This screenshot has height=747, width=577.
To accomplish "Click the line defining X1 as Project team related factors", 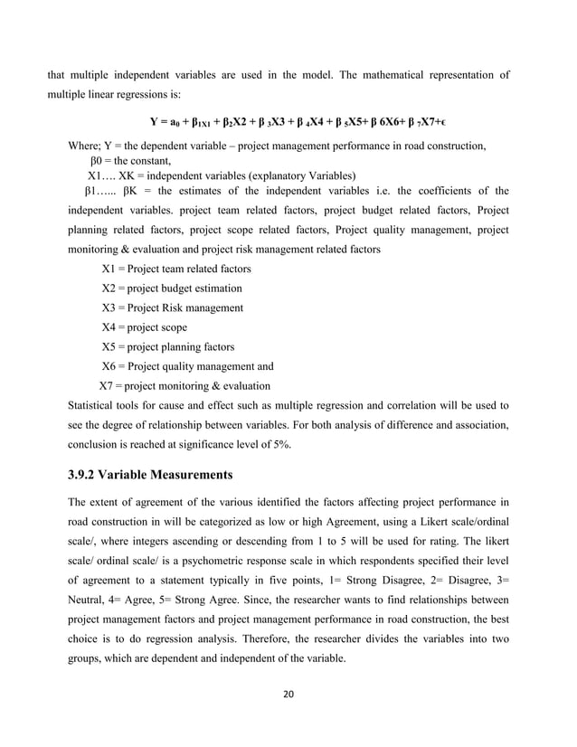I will click(176, 269).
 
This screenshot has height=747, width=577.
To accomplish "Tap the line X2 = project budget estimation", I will click(172, 288).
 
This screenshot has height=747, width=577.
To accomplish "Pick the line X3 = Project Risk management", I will click(172, 307).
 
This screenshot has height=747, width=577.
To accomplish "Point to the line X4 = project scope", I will click(145, 327).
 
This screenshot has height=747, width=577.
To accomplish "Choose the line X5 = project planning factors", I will click(168, 346).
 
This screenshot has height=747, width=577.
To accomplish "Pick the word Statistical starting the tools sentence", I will click(94, 405).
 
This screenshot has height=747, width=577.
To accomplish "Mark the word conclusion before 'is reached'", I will click(97, 444).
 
